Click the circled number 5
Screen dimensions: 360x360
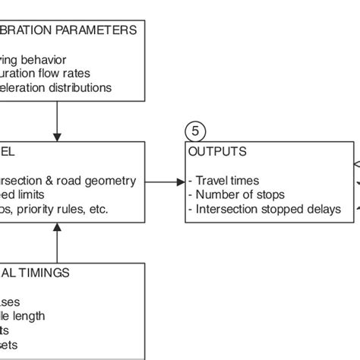(194, 131)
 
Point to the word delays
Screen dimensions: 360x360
(323, 209)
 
